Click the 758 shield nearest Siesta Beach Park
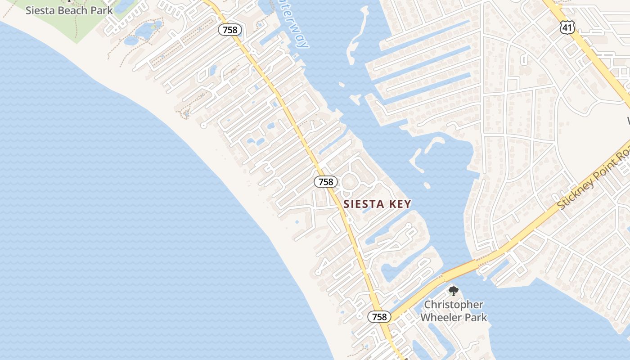tap(230, 30)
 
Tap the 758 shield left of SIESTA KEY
tap(325, 181)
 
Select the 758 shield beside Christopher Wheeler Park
tap(379, 317)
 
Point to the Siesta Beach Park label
tap(69, 10)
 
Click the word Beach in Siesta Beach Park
tap(69, 10)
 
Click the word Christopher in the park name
tap(454, 305)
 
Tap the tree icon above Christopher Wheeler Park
tap(453, 291)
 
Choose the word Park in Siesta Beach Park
tap(102, 10)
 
